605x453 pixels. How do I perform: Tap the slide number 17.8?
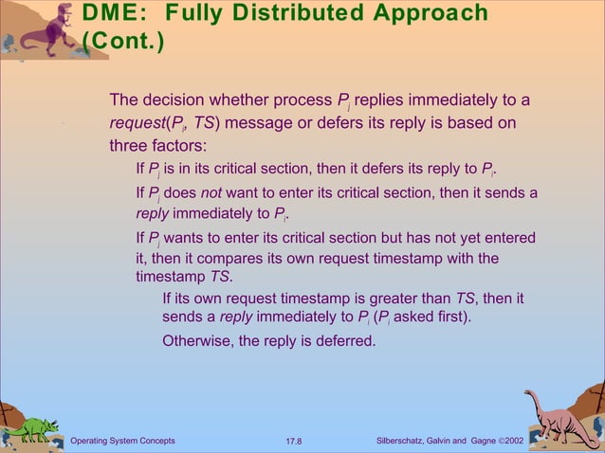(301, 441)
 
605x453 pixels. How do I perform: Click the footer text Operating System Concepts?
(123, 441)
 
